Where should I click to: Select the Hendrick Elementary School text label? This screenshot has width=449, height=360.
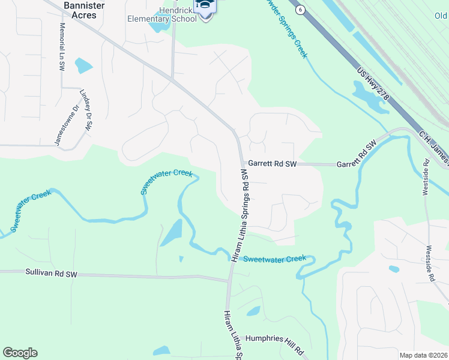(162, 13)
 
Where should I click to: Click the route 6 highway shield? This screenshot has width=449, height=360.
(300, 9)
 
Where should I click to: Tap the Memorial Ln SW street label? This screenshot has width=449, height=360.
(62, 47)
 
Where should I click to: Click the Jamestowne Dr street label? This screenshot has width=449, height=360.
(67, 125)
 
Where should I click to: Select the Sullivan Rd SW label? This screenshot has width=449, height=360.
(52, 273)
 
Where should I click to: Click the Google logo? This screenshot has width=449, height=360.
(20, 353)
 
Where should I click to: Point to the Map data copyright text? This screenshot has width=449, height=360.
(423, 355)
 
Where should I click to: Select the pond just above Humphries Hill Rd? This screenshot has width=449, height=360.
(253, 311)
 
